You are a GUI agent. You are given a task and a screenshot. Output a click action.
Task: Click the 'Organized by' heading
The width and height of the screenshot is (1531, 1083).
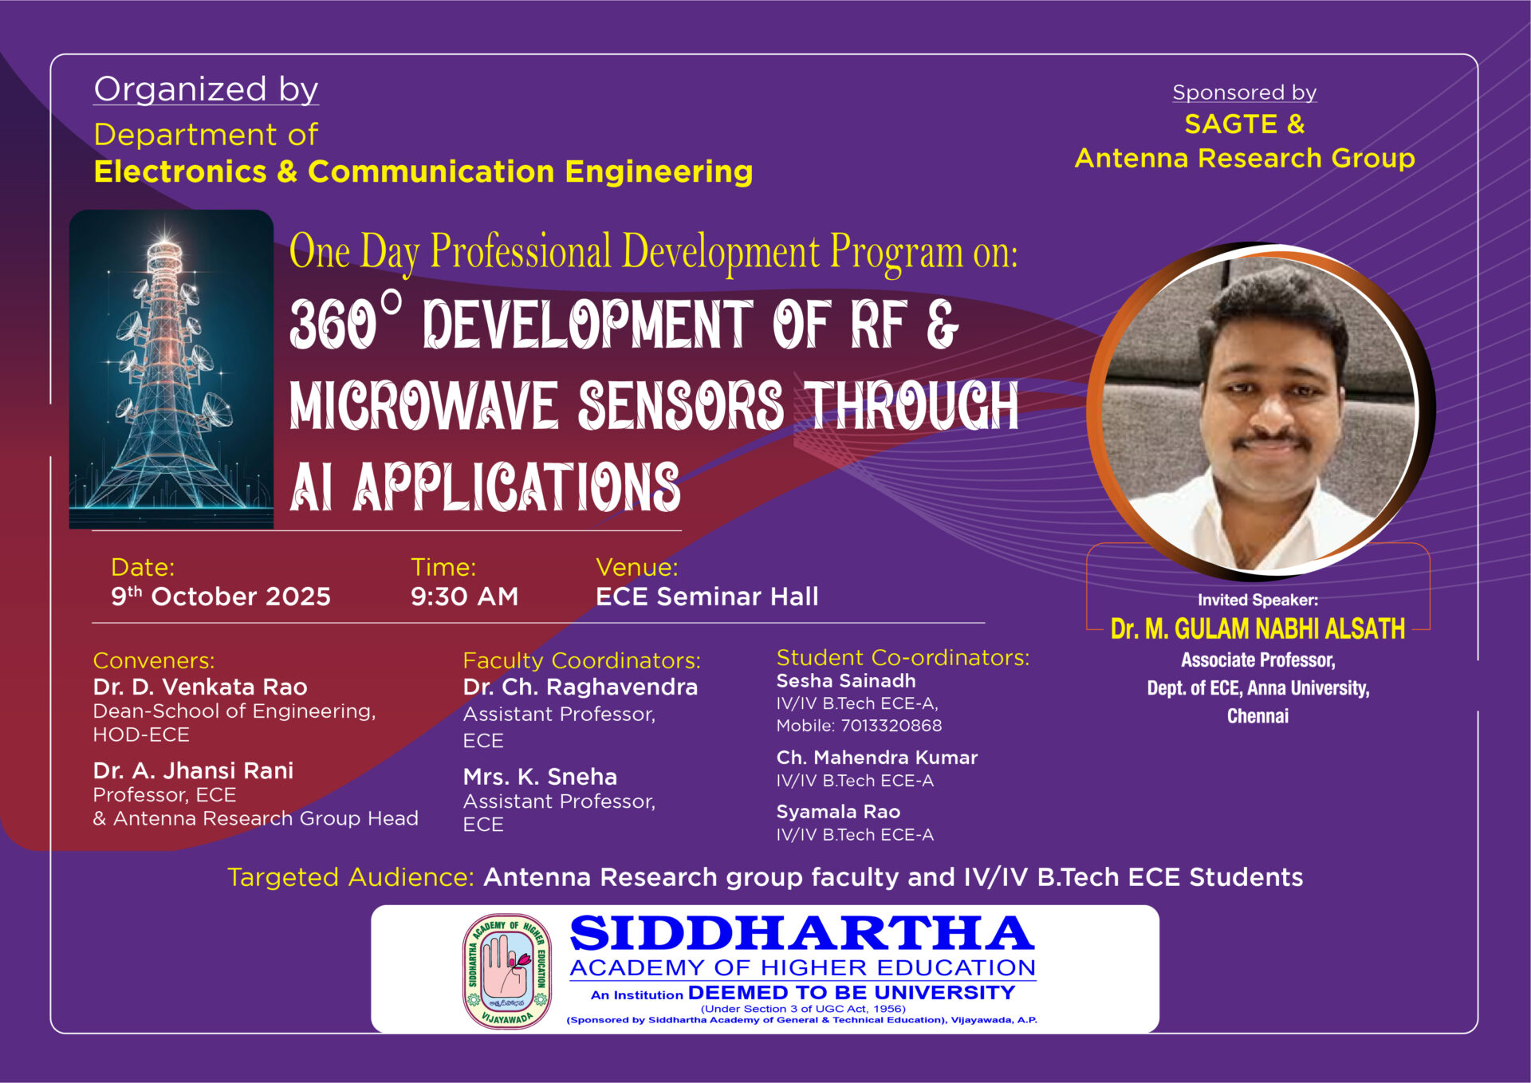207,89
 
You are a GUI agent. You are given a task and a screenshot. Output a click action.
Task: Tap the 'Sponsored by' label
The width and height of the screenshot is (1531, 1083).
1244,93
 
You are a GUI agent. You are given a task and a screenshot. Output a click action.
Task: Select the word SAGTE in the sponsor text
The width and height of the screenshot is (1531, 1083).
1231,124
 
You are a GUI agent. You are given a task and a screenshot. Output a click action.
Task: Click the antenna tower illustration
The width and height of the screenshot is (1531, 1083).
171,369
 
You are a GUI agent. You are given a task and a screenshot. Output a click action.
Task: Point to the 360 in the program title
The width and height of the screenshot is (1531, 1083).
333,325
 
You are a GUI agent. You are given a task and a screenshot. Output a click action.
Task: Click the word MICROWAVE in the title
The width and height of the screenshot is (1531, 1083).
423,405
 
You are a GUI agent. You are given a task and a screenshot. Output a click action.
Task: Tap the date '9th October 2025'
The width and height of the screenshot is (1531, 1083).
221,597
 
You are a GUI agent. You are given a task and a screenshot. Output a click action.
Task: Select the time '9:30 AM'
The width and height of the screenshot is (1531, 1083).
464,597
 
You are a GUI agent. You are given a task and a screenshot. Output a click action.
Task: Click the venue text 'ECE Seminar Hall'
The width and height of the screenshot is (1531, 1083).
707,597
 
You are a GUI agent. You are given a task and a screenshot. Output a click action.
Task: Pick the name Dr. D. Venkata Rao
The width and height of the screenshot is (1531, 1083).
200,687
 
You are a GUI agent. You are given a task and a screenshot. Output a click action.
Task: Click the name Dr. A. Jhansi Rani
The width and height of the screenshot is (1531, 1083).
193,770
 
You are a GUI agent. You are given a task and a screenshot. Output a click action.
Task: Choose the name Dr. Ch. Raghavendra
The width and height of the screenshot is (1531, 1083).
581,687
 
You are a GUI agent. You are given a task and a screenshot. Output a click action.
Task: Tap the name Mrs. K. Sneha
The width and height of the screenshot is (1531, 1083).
541,777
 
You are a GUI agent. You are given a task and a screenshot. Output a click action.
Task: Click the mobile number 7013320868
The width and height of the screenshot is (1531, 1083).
891,726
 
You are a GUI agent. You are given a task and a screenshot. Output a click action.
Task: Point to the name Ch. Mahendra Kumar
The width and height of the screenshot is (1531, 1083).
877,758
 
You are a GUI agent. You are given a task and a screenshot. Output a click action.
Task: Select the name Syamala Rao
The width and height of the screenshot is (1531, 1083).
839,812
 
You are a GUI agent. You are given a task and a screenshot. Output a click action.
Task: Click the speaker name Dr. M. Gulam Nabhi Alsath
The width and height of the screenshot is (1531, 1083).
1257,629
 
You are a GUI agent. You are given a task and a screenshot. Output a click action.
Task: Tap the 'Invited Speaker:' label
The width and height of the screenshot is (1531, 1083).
1257,600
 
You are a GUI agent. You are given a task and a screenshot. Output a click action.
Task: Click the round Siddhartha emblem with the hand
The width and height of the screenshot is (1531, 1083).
507,971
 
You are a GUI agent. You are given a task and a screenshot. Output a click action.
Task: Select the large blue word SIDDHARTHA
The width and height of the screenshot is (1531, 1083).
802,933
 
